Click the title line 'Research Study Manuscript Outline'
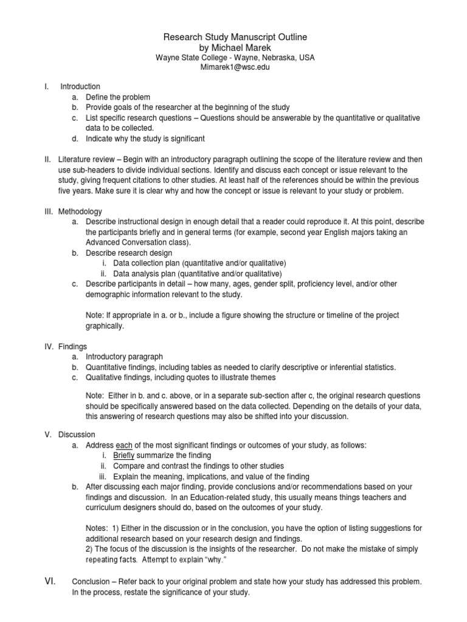[235, 38]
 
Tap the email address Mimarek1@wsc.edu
[235, 67]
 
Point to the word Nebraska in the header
[269, 58]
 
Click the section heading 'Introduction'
[80, 87]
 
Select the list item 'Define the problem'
[118, 97]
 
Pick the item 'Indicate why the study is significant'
[145, 138]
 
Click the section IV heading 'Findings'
[73, 346]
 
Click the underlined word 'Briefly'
[124, 456]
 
